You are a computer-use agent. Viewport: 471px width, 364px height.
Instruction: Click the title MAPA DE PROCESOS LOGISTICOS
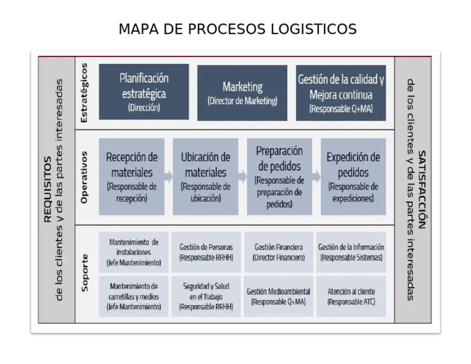[x=237, y=29]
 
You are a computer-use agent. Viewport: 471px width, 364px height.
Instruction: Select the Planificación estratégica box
[x=144, y=92]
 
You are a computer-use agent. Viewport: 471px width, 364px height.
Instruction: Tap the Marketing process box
[x=242, y=93]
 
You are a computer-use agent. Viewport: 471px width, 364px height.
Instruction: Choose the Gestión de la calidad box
[x=341, y=93]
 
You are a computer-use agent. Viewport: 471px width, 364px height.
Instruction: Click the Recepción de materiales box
[x=132, y=176]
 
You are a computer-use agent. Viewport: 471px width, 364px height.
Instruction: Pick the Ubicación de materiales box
[x=205, y=176]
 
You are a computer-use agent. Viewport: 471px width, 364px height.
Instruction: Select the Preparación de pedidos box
[x=280, y=176]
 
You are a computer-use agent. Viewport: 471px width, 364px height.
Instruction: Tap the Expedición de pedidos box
[x=353, y=176]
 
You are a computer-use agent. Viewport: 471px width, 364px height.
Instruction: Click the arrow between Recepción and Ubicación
[x=169, y=176]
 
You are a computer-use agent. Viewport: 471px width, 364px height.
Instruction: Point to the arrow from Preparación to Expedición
[x=316, y=176]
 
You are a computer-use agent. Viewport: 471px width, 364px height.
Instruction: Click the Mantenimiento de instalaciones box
[x=134, y=252]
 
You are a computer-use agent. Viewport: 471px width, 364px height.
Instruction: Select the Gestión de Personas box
[x=206, y=252]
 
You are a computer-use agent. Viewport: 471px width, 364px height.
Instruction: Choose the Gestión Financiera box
[x=278, y=252]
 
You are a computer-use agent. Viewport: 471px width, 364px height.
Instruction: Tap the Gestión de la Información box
[x=351, y=252]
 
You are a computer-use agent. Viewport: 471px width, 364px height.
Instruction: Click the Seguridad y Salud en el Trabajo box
[x=206, y=297]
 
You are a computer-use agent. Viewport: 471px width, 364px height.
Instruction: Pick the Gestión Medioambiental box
[x=278, y=297]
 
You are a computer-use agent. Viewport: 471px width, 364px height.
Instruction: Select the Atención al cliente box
[x=351, y=297]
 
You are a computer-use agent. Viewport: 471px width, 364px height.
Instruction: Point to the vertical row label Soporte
[x=85, y=272]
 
